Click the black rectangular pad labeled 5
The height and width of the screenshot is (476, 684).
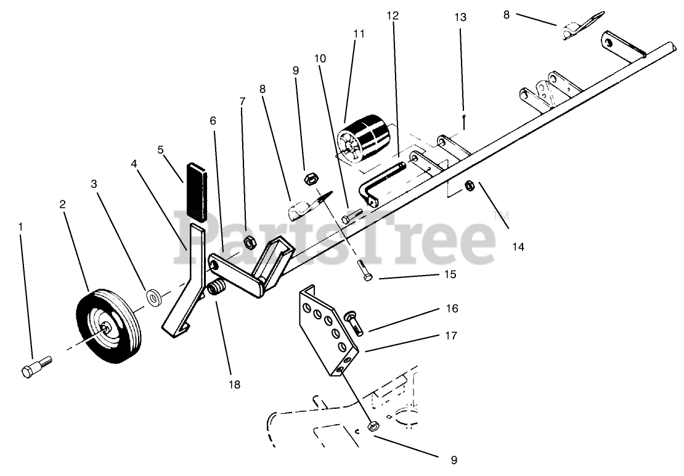point(197,191)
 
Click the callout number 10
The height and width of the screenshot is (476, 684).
point(319,58)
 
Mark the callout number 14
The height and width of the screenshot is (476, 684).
point(517,247)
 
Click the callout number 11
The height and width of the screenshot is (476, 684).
point(359,34)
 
